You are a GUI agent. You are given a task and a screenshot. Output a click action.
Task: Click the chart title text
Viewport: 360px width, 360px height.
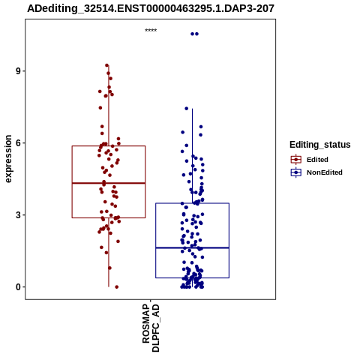(x=151, y=8)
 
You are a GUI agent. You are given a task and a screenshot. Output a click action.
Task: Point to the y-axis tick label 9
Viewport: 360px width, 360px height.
(x=18, y=71)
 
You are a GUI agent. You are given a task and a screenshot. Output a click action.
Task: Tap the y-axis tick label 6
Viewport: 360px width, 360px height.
(x=18, y=143)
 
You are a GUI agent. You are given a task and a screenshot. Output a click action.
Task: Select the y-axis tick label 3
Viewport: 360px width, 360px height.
(x=18, y=215)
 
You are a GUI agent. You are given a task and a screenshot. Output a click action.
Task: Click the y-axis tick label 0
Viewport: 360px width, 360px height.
(x=18, y=287)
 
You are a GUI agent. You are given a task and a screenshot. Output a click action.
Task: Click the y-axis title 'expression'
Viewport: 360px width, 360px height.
(x=8, y=159)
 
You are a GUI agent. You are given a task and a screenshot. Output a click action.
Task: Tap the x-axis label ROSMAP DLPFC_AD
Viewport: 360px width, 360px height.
(x=151, y=328)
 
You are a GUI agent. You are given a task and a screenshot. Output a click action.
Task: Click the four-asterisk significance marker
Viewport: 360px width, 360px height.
(x=151, y=31)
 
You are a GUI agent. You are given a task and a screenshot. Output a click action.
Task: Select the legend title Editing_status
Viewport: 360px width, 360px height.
(x=320, y=145)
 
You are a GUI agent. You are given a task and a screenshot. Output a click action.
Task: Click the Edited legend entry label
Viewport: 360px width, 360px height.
(x=317, y=160)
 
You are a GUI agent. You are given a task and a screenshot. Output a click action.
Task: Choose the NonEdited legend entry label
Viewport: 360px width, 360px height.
(x=325, y=172)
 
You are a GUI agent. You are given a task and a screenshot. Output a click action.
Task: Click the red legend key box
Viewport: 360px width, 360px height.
(x=296, y=160)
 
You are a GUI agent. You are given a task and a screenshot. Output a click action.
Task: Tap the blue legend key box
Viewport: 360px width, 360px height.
(x=296, y=172)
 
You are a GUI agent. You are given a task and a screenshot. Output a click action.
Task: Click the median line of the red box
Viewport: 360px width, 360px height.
(x=109, y=183)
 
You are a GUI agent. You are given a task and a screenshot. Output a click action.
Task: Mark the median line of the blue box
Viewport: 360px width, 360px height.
(x=192, y=247)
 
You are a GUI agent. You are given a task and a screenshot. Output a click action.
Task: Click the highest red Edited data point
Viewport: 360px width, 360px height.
(x=107, y=65)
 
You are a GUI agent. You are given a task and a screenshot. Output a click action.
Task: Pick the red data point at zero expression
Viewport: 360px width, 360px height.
(x=116, y=287)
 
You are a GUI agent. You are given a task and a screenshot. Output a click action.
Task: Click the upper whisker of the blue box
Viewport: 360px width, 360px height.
(x=192, y=156)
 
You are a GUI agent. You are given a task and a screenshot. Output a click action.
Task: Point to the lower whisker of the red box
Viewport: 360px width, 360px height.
(x=109, y=253)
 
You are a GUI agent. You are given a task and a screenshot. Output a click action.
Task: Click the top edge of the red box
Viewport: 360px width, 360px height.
(x=109, y=146)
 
